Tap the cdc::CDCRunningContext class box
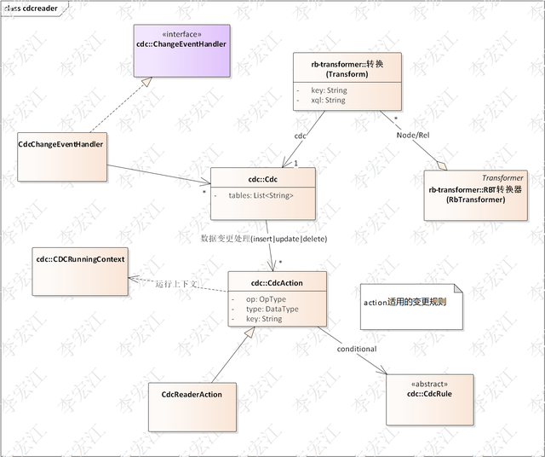(79, 273)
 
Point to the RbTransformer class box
(476, 195)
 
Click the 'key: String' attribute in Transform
(327, 89)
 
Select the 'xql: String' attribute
(327, 100)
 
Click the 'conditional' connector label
(356, 349)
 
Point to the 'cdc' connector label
(300, 136)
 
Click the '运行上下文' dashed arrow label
(177, 284)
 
